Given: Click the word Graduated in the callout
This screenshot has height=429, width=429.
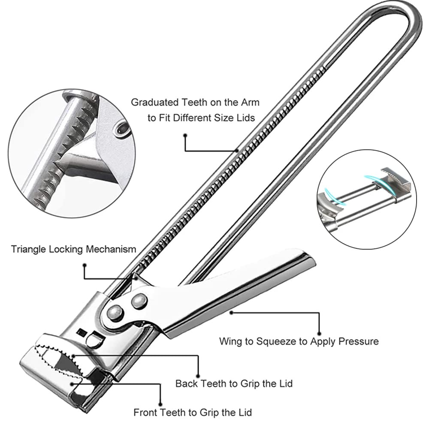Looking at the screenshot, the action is coord(154,103).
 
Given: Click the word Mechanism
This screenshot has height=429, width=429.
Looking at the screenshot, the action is coord(111,249).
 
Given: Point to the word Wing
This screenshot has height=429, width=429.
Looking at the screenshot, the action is coord(231,341).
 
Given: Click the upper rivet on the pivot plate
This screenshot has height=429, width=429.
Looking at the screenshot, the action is coord(139,301).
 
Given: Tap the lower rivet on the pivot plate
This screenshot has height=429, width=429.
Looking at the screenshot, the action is coord(115,313).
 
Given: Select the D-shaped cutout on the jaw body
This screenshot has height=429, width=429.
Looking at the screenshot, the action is coord(95,339).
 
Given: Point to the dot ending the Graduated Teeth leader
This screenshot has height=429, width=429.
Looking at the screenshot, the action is coord(185,136).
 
